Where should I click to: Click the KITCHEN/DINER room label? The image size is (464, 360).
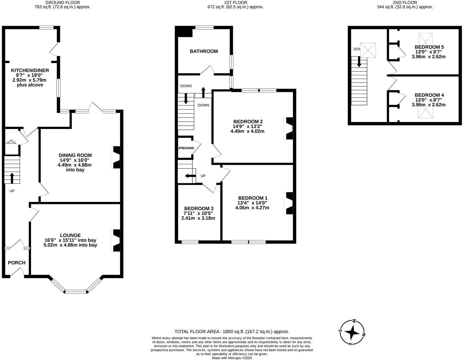[x=30, y=70]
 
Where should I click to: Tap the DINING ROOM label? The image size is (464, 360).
[x=75, y=155]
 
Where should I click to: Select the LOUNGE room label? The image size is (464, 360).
[x=70, y=235]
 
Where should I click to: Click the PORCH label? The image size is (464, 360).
[x=17, y=263]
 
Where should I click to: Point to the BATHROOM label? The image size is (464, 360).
[x=204, y=51]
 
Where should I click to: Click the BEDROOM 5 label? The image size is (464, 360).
[x=429, y=47]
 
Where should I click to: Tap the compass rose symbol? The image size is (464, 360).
[x=352, y=332]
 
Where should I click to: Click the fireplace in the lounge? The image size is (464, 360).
[x=116, y=241]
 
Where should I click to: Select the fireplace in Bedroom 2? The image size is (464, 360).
[x=289, y=128]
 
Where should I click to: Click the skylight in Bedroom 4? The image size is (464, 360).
[x=425, y=113]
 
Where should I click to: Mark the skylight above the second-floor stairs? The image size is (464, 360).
[x=368, y=50]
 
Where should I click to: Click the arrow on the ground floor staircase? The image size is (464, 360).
[x=12, y=178]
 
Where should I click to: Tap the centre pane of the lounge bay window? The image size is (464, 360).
[x=76, y=292]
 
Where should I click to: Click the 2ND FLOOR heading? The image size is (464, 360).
[x=405, y=2]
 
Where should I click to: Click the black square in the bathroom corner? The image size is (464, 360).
[x=185, y=33]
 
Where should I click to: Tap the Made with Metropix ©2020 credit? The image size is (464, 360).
[x=232, y=358]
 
